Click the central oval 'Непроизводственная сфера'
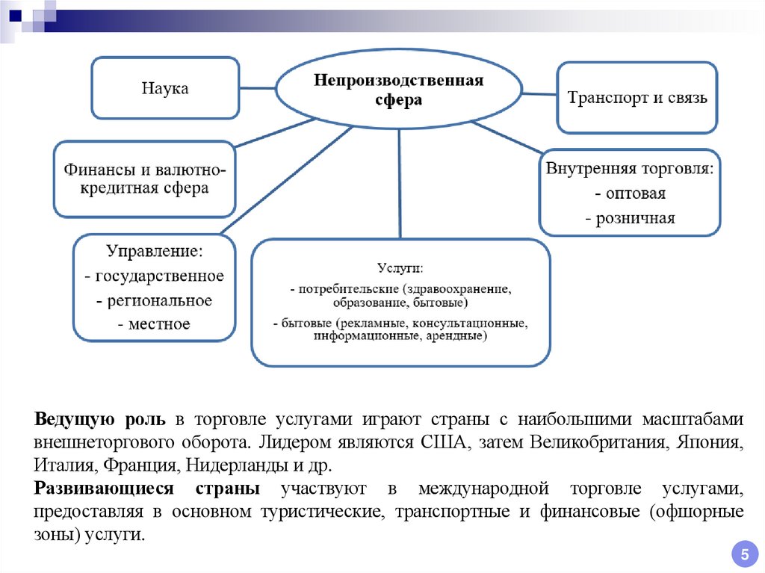pyautogui.click(x=399, y=90)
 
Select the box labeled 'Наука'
pyautogui.click(x=165, y=89)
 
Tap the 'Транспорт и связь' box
pyautogui.click(x=637, y=98)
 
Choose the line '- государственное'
pyautogui.click(x=154, y=276)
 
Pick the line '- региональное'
pyautogui.click(x=154, y=300)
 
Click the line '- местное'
pyautogui.click(x=154, y=324)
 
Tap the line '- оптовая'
pyautogui.click(x=630, y=193)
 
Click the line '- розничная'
pyautogui.click(x=630, y=218)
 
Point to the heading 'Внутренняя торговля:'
pyautogui.click(x=630, y=168)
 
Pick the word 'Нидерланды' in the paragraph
pyautogui.click(x=229, y=465)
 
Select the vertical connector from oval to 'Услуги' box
pyautogui.click(x=400, y=183)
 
